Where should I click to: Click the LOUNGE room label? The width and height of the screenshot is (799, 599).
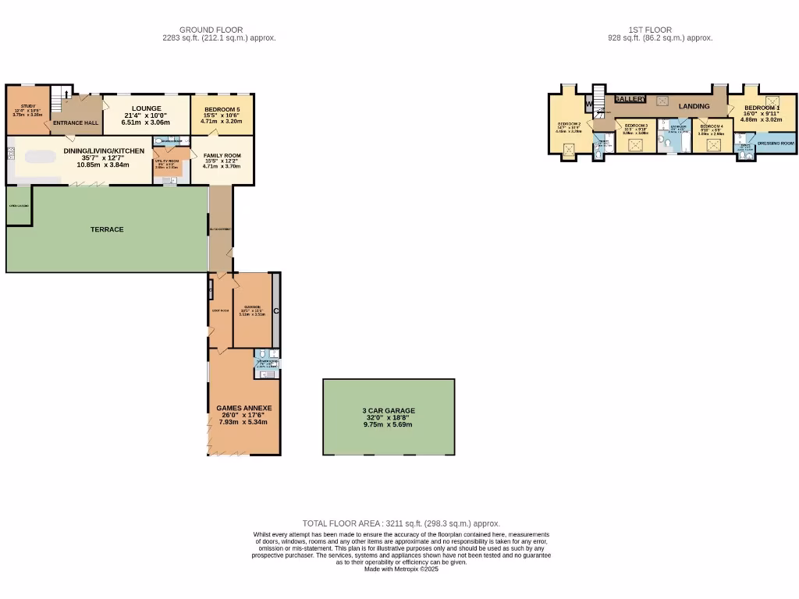147,108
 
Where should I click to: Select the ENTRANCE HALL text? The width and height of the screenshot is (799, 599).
76,123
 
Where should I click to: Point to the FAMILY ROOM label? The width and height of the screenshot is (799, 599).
222,155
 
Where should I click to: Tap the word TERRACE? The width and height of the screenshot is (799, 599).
107,229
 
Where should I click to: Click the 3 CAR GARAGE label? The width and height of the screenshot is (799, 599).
389,410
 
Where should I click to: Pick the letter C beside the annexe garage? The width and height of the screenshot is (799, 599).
277,311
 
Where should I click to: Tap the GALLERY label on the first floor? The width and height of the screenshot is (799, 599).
630,99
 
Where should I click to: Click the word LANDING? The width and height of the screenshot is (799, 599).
694,106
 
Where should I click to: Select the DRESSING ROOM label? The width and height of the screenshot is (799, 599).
776,144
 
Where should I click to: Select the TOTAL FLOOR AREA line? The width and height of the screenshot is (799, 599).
401,523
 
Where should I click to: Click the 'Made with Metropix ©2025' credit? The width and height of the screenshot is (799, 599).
401,569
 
